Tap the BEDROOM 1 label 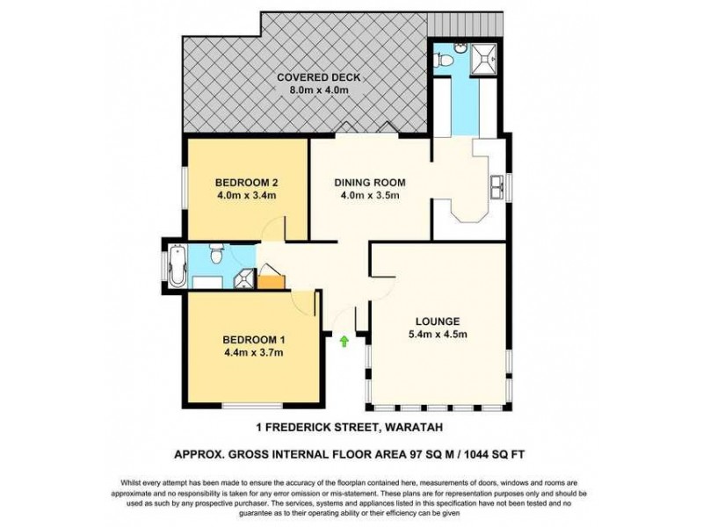pos(253,339)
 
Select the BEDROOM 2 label pos(247,183)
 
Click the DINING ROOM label pos(369,183)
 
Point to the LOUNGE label pos(439,321)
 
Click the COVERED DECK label pos(319,77)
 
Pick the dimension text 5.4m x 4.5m pos(439,334)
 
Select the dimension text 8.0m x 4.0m pos(319,90)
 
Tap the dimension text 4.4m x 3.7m pos(253,352)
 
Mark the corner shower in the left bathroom pos(244,278)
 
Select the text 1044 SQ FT pos(493,454)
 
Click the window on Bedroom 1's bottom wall pos(248,406)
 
